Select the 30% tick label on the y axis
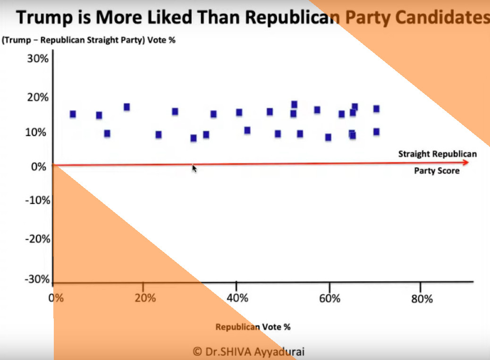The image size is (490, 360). pos(37,59)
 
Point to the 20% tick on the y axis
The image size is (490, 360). pos(37,98)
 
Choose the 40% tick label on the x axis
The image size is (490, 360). pos(237,299)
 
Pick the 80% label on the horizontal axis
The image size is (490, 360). pos(422,299)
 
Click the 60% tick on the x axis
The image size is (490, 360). pos(329,299)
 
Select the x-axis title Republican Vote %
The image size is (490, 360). pos(253,326)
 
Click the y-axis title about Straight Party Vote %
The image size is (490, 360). pos(89,40)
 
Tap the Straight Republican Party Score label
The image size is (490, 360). pos(437,162)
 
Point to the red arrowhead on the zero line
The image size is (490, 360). pos(466,163)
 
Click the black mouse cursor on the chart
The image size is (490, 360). pos(194,168)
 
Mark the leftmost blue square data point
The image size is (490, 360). pos(73,114)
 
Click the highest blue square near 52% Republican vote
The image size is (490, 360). pos(294,104)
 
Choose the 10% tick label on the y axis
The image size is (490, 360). pos(37,132)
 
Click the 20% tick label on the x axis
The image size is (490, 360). pos(145,299)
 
